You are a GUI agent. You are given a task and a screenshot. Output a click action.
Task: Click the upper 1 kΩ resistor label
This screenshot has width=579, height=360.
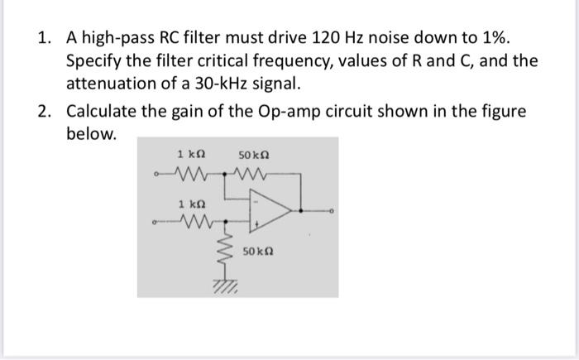click(x=191, y=155)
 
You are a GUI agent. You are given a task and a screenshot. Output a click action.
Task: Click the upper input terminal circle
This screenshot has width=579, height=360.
click(x=154, y=175)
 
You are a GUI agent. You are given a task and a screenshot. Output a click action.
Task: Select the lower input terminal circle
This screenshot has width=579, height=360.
click(x=154, y=222)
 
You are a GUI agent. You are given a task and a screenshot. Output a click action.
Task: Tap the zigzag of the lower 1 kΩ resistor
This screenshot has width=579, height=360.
click(x=194, y=222)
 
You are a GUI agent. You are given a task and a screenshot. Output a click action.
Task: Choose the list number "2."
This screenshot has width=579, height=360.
click(x=46, y=111)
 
